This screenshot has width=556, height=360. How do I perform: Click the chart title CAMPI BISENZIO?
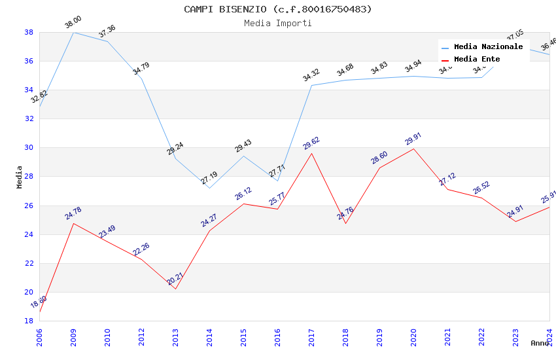[277, 9]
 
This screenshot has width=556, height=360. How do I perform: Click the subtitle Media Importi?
[277, 23]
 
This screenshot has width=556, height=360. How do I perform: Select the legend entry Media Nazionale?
[488, 47]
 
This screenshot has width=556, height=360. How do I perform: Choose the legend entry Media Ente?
[477, 60]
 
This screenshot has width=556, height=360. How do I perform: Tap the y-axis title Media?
[20, 177]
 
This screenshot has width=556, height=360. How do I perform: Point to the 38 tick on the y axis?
[29, 32]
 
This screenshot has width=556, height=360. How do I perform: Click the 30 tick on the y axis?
[29, 147]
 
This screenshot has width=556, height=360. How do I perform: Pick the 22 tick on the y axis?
[29, 263]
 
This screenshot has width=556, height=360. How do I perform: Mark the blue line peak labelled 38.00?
[73, 32]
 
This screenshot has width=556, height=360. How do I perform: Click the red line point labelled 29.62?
[311, 153]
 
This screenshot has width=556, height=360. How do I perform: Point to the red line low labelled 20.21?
[175, 289]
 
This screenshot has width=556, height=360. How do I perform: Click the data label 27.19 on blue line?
[209, 177]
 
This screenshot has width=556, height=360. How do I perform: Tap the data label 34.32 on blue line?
[311, 75]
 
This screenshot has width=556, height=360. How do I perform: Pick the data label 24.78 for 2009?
[73, 213]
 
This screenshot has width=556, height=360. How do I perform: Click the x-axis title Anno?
[540, 342]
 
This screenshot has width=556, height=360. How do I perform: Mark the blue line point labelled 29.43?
[243, 156]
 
